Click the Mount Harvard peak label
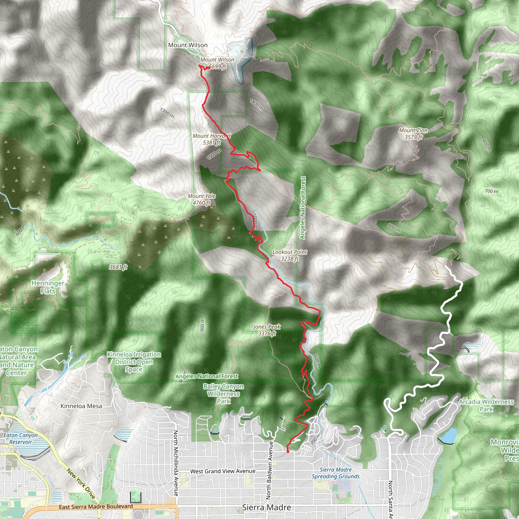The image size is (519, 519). tap(211, 139)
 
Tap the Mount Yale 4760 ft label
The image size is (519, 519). tap(201, 199)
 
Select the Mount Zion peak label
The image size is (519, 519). tap(413, 134)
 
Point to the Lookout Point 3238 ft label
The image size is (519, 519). tap(290, 255)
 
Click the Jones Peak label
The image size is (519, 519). tap(267, 330)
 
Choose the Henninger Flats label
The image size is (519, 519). tap(48, 287)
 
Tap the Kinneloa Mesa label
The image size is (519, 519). tap(81, 406)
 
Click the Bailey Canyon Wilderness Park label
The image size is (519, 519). tap(224, 394)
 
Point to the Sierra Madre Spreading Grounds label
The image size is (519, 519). tap(336, 473)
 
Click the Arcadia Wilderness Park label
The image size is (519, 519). tap(486, 405)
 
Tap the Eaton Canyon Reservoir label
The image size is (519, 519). tap(21, 438)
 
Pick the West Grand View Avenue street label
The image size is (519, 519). tap(223, 471)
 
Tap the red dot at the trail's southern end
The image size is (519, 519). tap(288, 452)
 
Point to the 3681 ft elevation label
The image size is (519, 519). tap(118, 267)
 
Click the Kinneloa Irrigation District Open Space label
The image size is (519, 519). tap(134, 362)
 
